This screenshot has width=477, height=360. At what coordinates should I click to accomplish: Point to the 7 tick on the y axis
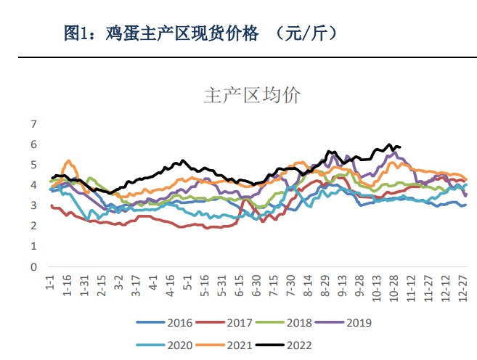pyautogui.click(x=33, y=124)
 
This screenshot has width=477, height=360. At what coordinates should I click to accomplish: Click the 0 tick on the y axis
pyautogui.click(x=33, y=266)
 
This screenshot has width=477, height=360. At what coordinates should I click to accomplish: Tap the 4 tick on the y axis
pyautogui.click(x=33, y=185)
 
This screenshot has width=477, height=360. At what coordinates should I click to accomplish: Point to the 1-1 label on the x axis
pyautogui.click(x=49, y=284)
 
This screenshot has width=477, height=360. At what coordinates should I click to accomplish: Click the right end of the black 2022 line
pyautogui.click(x=400, y=147)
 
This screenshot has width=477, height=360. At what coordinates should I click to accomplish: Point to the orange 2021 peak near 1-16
pyautogui.click(x=69, y=160)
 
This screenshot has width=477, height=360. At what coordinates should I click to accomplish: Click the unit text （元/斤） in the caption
pyautogui.click(x=298, y=33)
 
